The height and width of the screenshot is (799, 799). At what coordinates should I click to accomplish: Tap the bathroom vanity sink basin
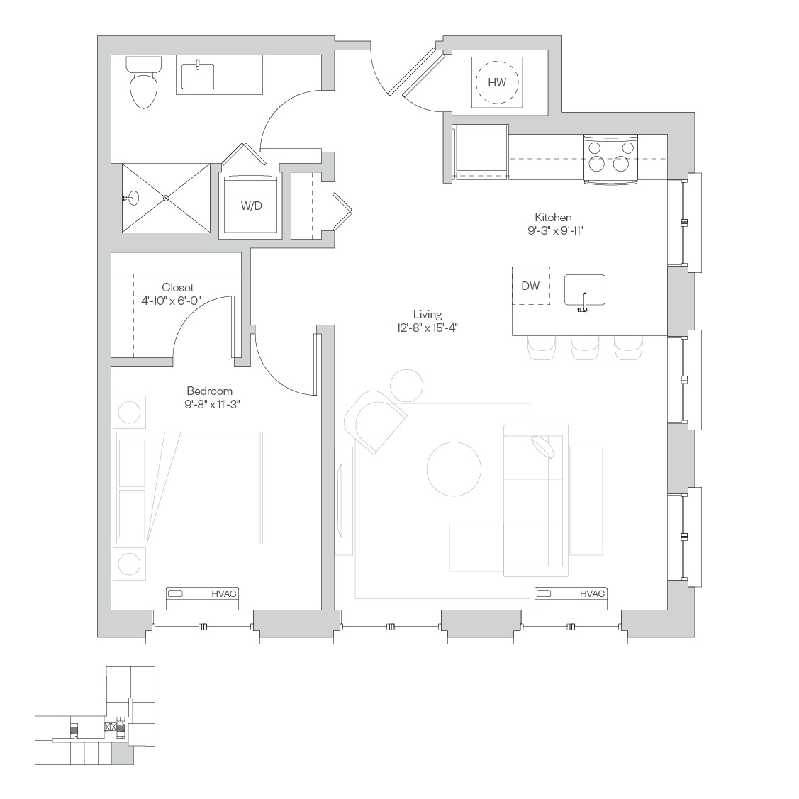198,74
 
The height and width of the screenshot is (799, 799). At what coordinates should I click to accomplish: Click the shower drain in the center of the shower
166,198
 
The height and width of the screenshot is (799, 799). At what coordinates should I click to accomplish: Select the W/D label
251,206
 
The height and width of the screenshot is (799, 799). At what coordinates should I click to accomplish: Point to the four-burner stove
610,159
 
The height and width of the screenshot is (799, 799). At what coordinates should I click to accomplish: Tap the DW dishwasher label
530,286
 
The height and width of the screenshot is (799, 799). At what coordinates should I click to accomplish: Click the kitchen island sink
584,291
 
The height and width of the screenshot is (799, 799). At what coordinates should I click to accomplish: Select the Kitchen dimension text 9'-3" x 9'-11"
555,231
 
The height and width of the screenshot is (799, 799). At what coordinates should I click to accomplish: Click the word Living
428,314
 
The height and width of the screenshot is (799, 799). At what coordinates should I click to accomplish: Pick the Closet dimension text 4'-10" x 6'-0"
172,301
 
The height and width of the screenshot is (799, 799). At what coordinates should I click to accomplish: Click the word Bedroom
209,391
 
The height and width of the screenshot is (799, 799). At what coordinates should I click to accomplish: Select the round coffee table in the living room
454,469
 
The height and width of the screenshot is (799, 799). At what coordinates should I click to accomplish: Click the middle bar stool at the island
585,347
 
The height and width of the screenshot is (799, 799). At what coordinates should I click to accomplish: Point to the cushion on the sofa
542,447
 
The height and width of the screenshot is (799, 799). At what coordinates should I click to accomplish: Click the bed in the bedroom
187,488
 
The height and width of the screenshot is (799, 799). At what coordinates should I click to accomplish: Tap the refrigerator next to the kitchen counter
480,152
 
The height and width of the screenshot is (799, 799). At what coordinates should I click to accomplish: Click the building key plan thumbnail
95,715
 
